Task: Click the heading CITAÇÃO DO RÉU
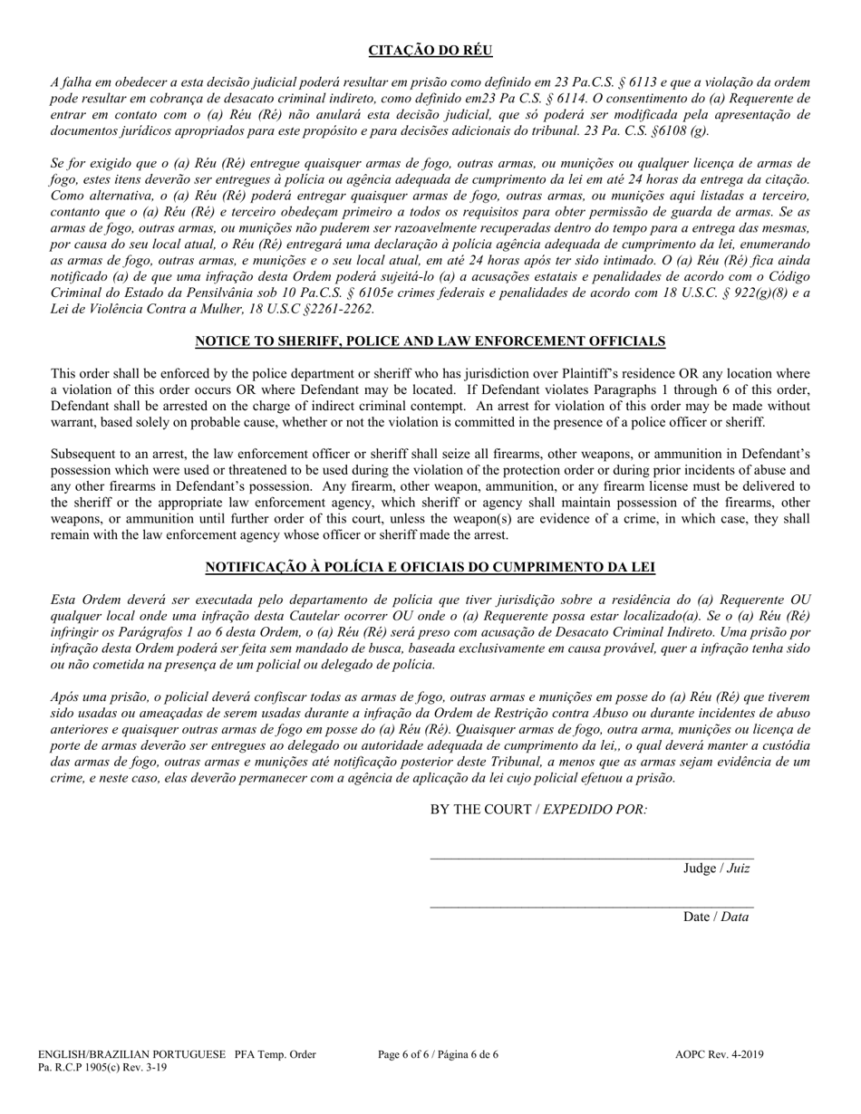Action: [x=430, y=51]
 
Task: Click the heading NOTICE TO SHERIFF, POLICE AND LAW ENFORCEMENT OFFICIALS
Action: [x=430, y=341]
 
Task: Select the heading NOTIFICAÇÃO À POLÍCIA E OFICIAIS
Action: [x=430, y=568]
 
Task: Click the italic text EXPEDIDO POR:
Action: [x=595, y=809]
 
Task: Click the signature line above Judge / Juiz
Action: [x=591, y=857]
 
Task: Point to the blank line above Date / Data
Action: [x=591, y=905]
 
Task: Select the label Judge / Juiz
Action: [x=716, y=869]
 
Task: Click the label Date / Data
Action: [x=716, y=917]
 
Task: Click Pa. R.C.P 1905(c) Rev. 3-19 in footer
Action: [x=102, y=1067]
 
